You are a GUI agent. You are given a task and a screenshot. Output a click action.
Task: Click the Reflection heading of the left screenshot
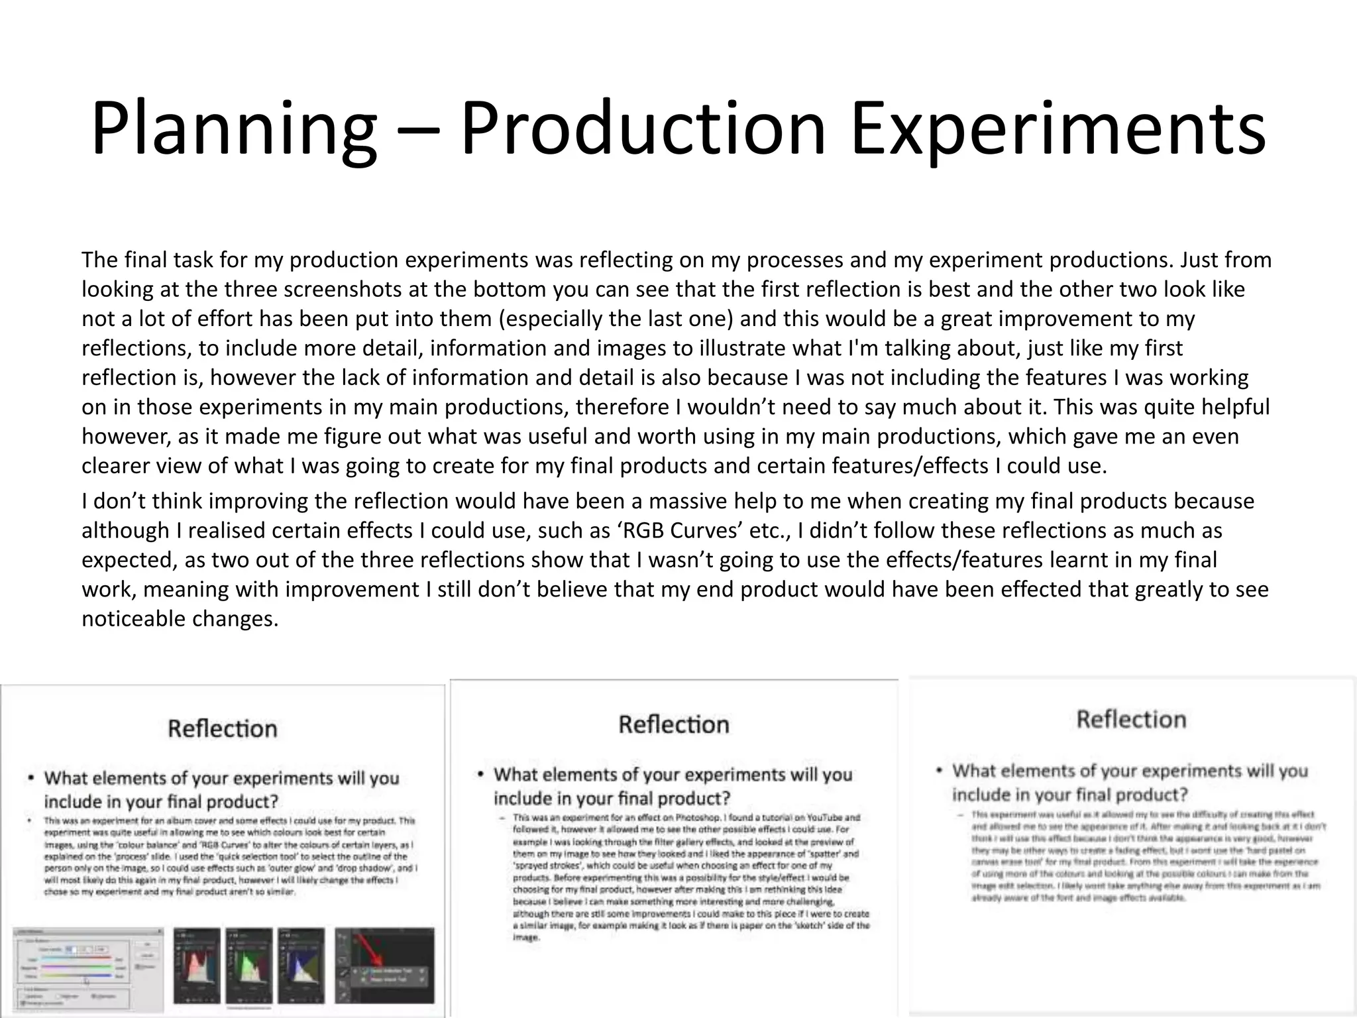click(223, 729)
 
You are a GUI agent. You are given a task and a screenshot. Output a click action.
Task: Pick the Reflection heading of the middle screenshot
click(673, 724)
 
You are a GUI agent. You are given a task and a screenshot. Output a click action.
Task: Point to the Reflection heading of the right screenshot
click(1131, 720)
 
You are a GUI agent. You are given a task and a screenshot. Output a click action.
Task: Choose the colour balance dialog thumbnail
click(87, 967)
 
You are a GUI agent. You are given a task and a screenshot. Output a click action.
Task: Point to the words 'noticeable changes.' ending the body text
click(180, 619)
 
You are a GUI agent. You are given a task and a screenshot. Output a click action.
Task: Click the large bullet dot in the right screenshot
click(939, 771)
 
